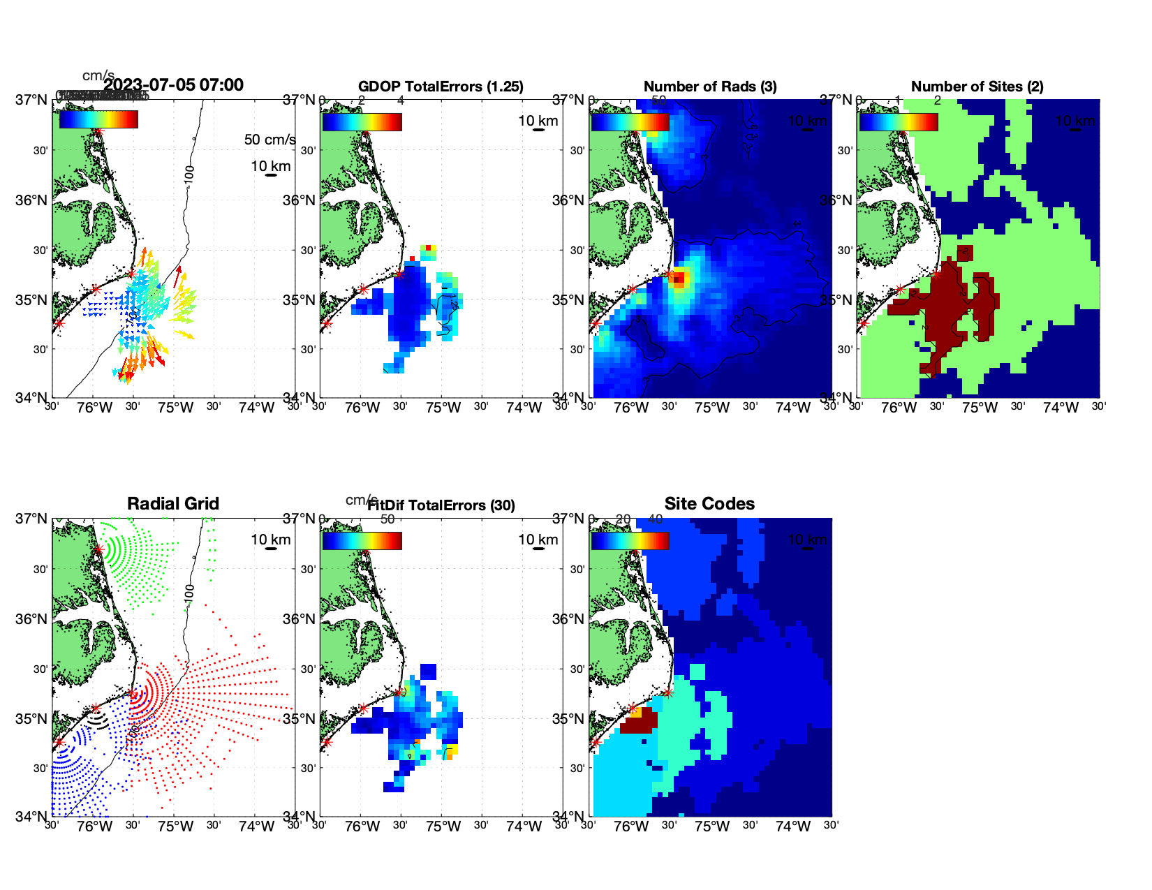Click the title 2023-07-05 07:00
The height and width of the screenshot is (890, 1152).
174,85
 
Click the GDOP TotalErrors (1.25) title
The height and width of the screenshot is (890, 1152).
441,87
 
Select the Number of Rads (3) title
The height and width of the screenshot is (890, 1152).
710,87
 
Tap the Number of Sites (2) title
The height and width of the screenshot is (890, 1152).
977,87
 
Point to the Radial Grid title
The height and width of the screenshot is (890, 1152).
173,504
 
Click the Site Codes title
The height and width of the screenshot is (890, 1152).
709,504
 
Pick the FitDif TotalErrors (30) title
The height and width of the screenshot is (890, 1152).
441,505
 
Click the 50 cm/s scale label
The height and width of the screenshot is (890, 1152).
269,140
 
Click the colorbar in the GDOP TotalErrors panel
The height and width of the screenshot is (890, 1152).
362,121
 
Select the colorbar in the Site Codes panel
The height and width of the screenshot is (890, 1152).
630,540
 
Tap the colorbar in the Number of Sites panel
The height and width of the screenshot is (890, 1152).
898,121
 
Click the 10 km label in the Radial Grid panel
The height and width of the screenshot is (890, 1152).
271,540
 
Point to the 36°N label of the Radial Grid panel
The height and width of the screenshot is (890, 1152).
32,619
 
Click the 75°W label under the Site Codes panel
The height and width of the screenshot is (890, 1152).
712,826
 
